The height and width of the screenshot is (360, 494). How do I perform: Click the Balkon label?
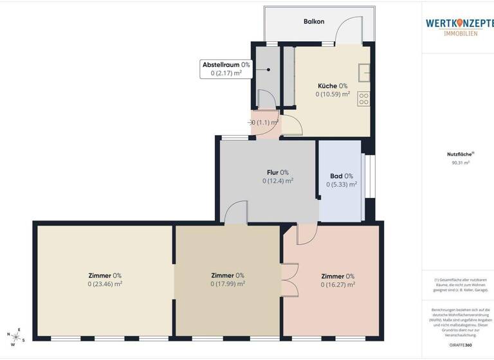pyautogui.click(x=314, y=21)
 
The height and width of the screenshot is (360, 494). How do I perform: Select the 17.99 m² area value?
pyautogui.click(x=228, y=283)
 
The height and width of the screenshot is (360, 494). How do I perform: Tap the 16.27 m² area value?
pyautogui.click(x=338, y=285)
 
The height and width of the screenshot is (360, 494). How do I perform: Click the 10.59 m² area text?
pyautogui.click(x=333, y=94)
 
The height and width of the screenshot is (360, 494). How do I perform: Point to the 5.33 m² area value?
pyautogui.click(x=342, y=184)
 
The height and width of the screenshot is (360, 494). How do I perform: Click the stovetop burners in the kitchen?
pyautogui.click(x=363, y=99)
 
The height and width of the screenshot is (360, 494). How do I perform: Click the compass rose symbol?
pyautogui.click(x=17, y=335)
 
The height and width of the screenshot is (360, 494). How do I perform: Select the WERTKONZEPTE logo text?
pyautogui.click(x=459, y=23)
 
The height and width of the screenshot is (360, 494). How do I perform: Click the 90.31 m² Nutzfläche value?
pyautogui.click(x=461, y=163)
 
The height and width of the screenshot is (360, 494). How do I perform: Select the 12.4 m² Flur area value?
pyautogui.click(x=278, y=181)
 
